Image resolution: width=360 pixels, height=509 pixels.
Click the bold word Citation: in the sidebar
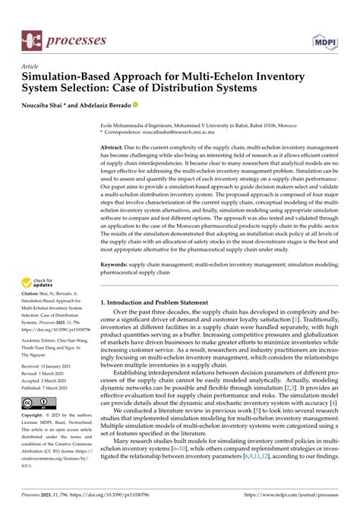[35, 302]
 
